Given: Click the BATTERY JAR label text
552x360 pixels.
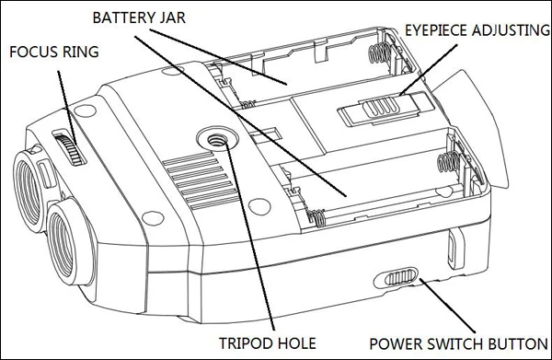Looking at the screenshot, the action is [139, 17].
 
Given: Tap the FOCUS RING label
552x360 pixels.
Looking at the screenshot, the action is [54, 52].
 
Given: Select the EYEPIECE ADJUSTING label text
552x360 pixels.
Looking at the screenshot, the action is [477, 30].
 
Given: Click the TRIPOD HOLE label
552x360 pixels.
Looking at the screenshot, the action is [268, 343].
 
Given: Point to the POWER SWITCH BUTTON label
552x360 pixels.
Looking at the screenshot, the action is [458, 343].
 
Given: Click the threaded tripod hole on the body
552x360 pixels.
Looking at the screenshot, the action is [214, 140].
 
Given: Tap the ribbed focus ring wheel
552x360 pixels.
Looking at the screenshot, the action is [70, 148].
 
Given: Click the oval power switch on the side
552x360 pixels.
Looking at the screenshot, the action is [396, 277].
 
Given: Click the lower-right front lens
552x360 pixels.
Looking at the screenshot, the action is [64, 242].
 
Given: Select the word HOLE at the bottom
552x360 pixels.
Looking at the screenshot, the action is [296, 343].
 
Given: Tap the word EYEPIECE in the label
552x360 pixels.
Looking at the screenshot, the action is [436, 30].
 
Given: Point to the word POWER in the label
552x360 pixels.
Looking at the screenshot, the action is [394, 343].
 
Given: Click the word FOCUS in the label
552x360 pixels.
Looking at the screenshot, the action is [35, 52].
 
